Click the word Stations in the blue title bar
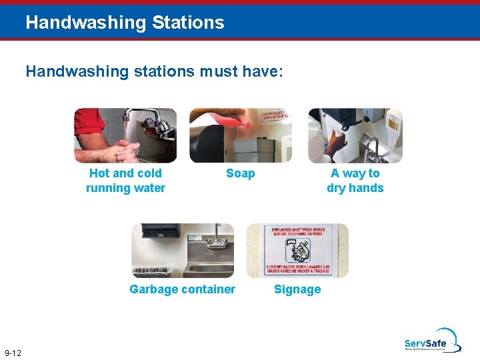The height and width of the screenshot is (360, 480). point(188,23)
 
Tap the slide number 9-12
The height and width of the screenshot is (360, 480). point(12,353)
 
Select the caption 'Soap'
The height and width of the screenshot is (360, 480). point(240,173)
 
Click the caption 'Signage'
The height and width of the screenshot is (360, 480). point(297,289)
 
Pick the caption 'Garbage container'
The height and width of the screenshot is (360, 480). point(182,289)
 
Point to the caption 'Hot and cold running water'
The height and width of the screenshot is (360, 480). point(125,181)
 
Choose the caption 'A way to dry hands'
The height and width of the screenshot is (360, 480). point(355,181)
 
